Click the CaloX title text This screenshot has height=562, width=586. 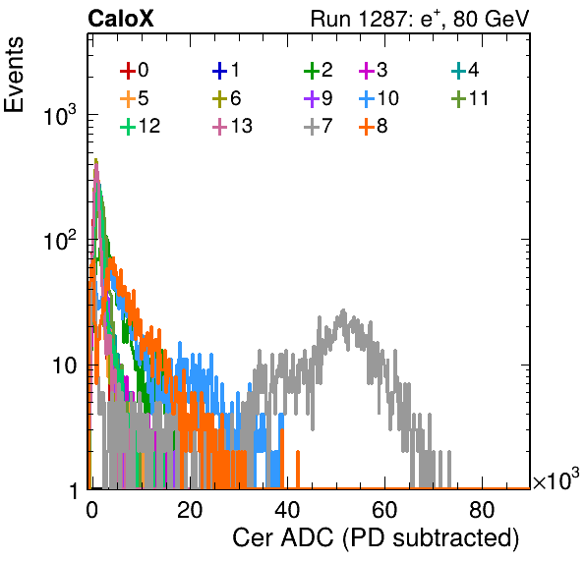121,19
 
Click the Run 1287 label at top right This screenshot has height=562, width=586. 420,19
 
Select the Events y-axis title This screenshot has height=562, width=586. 14,75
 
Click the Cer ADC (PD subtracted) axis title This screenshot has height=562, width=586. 376,538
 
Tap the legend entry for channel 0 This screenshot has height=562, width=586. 135,70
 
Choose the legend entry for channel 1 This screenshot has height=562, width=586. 226,70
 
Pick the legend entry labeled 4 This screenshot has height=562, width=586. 465,70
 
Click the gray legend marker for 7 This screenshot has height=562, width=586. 312,127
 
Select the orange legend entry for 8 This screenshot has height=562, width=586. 373,127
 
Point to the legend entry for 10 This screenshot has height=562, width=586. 379,98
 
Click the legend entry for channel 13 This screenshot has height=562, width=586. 232,127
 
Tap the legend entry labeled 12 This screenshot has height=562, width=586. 141,127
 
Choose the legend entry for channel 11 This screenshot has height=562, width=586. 470,98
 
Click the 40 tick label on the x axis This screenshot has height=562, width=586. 287,509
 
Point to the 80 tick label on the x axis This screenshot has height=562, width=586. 482,509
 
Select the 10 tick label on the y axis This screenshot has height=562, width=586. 64,365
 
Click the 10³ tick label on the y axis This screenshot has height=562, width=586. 60,116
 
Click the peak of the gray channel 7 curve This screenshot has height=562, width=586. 343,309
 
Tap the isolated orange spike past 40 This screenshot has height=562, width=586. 298,470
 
